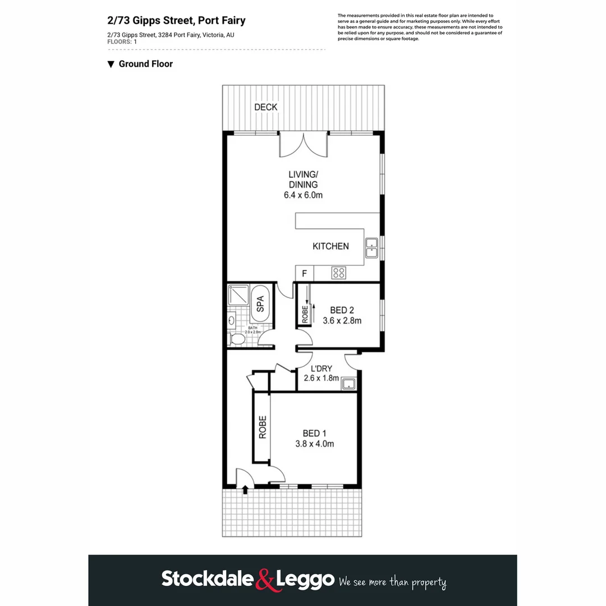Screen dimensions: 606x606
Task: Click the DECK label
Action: [x=265, y=107]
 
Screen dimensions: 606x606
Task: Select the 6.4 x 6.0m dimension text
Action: [x=303, y=195]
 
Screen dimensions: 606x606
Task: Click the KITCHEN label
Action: [x=330, y=246]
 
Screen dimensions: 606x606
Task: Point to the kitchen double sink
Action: [x=371, y=247]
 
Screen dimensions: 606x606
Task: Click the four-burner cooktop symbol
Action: [x=338, y=273]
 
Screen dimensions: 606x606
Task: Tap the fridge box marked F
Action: [x=305, y=274]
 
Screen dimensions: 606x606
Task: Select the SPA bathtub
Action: [x=260, y=307]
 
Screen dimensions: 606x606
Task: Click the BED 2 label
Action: [x=342, y=310]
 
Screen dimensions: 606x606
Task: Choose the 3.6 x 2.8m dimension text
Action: [x=342, y=322]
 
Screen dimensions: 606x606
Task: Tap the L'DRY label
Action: [x=322, y=368]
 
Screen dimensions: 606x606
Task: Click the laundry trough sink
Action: [x=349, y=384]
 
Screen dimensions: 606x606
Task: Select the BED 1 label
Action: [x=314, y=433]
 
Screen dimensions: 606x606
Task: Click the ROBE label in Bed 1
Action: [x=262, y=427]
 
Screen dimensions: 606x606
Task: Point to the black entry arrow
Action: [x=245, y=490]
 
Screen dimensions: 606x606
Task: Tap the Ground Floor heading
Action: [x=145, y=64]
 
